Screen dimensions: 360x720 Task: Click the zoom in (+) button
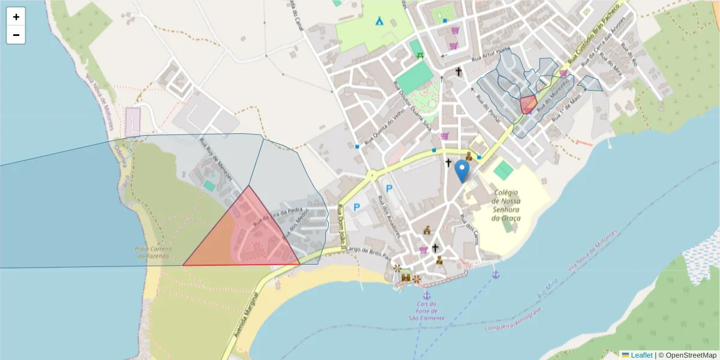point(16,17)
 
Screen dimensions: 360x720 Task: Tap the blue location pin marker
point(462,170)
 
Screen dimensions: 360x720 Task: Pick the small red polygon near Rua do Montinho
point(528,105)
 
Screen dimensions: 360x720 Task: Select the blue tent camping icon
point(380,21)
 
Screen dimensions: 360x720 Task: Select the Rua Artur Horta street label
point(490,58)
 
